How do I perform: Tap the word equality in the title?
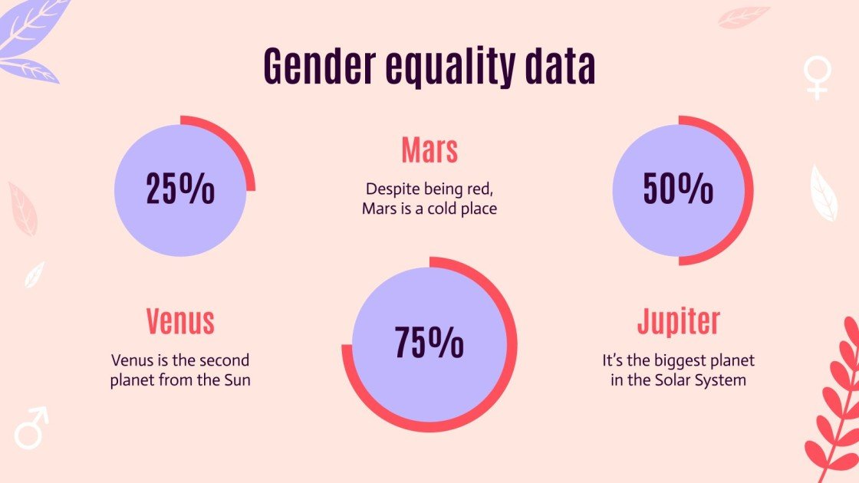pos(448,67)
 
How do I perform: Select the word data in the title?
pos(559,67)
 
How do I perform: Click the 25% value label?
pos(180,190)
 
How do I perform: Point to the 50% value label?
pos(678,189)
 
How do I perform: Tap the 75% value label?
pos(429,343)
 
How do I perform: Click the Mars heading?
pos(429,150)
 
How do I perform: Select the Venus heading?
pos(180,322)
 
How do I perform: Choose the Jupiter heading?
pos(679,322)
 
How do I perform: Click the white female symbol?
pos(818,77)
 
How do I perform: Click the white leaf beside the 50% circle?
pos(824,192)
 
